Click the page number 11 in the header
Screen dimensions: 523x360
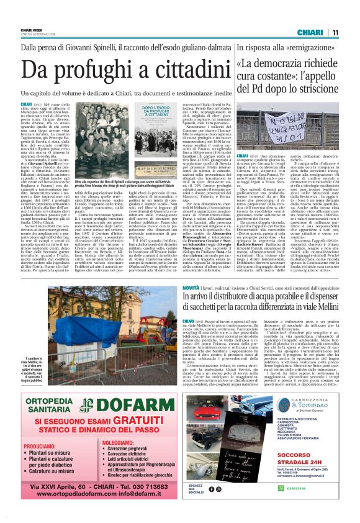(335, 32)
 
